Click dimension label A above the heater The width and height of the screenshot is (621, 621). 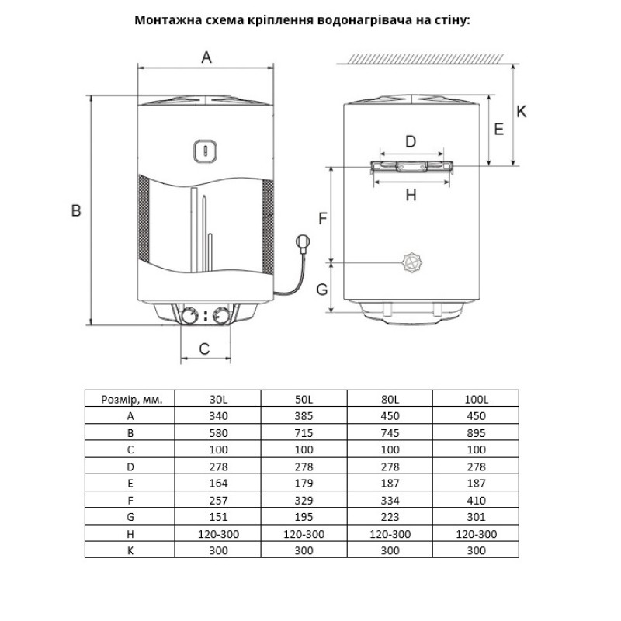pyautogui.click(x=206, y=57)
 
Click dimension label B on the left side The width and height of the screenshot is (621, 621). pyautogui.click(x=76, y=210)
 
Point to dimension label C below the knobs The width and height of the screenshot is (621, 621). pyautogui.click(x=205, y=349)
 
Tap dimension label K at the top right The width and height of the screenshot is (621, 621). pyautogui.click(x=522, y=112)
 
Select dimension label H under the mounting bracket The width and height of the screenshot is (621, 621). pyautogui.click(x=411, y=196)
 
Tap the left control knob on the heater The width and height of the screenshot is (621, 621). pyautogui.click(x=189, y=316)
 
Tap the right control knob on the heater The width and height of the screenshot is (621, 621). pyautogui.click(x=221, y=316)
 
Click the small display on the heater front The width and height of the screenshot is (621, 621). pyautogui.click(x=203, y=151)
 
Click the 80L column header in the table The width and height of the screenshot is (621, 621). pyautogui.click(x=390, y=399)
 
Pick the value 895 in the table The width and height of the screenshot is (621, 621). pyautogui.click(x=477, y=433)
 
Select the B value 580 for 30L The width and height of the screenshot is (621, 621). pyautogui.click(x=219, y=433)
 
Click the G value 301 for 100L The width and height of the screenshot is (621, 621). pyautogui.click(x=477, y=516)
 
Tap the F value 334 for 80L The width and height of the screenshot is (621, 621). pyautogui.click(x=390, y=500)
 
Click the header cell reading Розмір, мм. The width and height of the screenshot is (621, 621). pyautogui.click(x=131, y=399)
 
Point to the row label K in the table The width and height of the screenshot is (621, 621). pyautogui.click(x=130, y=550)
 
